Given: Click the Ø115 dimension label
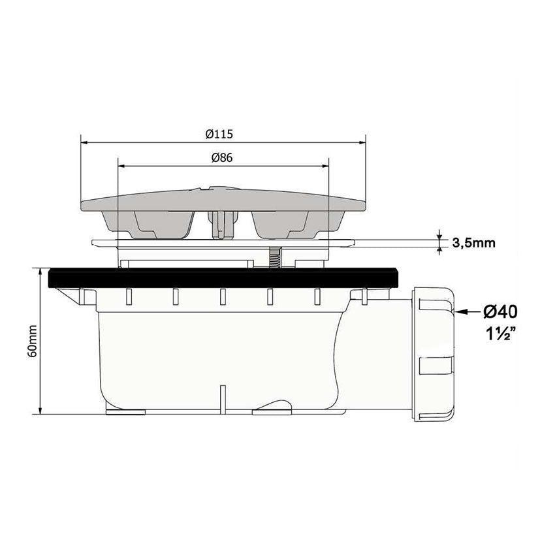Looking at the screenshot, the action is tap(219, 134).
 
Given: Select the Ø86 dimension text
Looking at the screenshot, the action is tap(222, 158).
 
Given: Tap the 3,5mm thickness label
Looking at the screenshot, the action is tap(473, 243).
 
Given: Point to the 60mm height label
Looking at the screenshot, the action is tap(33, 341).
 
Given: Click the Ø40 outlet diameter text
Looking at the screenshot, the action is tap(500, 312).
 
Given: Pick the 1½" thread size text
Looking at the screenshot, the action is tap(500, 334).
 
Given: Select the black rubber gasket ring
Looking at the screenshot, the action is tap(224, 278).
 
